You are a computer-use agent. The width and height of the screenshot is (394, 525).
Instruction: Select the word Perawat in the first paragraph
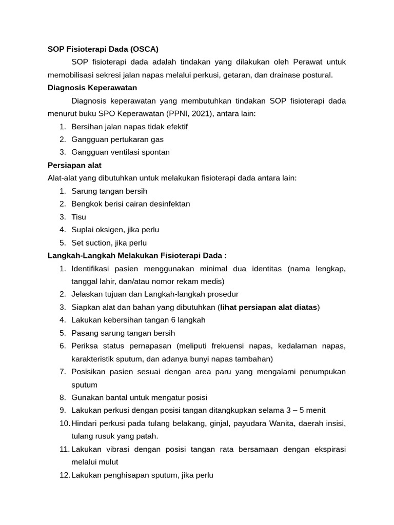[x=309, y=62]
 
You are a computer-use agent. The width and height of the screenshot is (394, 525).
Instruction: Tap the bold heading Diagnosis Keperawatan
[x=92, y=88]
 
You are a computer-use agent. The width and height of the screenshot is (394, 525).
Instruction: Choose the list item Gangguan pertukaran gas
[x=117, y=139]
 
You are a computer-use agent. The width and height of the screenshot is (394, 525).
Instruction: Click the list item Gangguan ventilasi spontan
[x=121, y=152]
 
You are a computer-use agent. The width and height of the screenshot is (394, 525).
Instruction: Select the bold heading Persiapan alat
[x=74, y=165]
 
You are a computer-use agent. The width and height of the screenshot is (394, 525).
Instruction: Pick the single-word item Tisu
[x=79, y=217]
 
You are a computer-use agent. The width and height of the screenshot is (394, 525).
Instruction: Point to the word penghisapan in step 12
[x=126, y=475]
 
